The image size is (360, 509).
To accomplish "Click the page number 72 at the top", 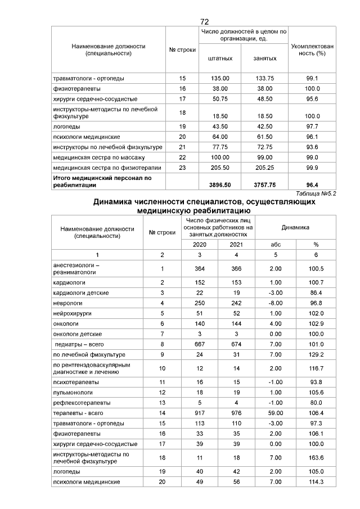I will [x=205, y=21].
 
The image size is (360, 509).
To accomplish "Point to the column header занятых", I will [x=264, y=58].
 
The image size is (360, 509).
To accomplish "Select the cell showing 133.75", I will [x=264, y=79].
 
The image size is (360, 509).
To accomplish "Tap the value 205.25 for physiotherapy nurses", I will [x=264, y=168].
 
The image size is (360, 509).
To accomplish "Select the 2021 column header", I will [x=237, y=245].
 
